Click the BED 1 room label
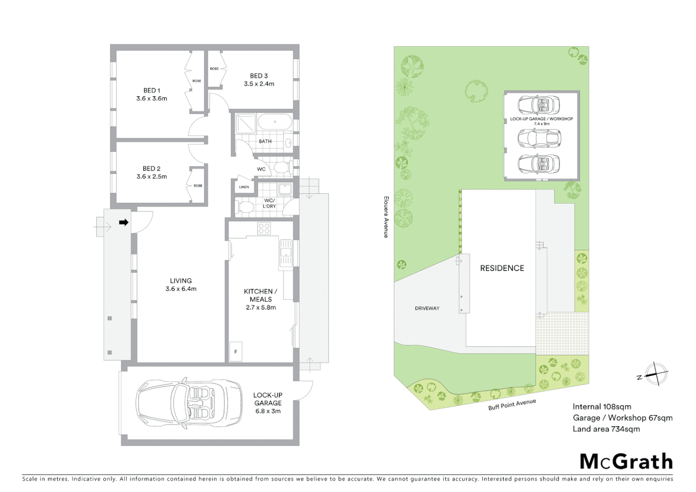point(152,90)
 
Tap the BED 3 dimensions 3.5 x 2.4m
point(259,84)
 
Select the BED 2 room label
point(152,169)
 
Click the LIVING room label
point(181,281)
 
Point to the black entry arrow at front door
point(123,222)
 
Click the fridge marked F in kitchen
point(235,352)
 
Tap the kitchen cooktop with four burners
point(264,228)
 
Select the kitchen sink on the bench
point(286,252)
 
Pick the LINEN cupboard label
point(244,187)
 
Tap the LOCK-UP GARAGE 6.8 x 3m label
point(268,403)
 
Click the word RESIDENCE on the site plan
point(502,268)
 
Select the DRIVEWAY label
point(427,308)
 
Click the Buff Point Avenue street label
point(512,405)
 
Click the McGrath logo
point(626,461)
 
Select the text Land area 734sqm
point(606,429)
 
